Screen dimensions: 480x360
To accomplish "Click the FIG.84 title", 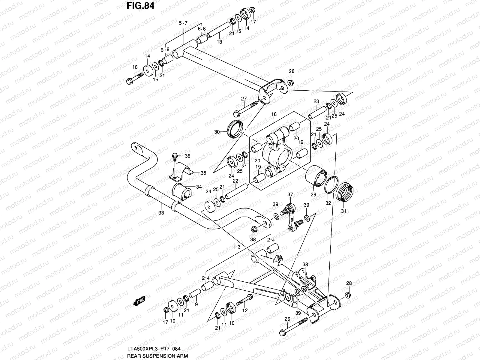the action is point(140,6).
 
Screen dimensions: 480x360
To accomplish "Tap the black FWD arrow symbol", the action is point(139,301).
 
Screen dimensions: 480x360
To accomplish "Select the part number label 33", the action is point(161,213).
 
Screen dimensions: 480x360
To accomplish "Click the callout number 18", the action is point(274,114).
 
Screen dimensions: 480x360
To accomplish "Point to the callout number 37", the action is point(290,194).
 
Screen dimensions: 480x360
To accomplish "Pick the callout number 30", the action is point(217,132).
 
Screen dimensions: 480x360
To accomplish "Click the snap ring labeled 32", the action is point(331,184).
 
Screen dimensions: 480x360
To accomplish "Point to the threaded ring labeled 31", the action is point(344,192).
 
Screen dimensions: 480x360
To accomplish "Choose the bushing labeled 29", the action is point(316,176).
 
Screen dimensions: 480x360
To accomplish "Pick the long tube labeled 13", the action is point(219,30).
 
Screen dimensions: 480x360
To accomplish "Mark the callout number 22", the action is point(235,181).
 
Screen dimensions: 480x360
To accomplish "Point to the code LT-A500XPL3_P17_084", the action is point(154,349).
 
